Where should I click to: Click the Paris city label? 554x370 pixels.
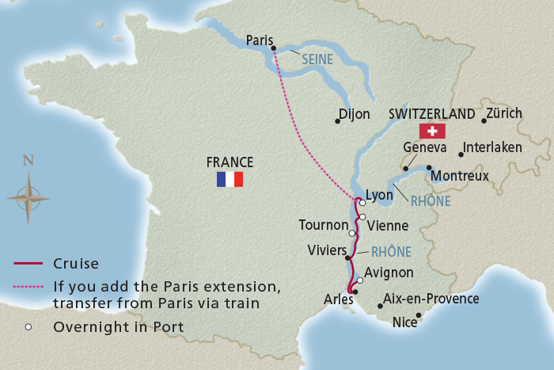(x=259, y=40)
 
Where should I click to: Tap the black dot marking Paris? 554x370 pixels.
(x=273, y=48)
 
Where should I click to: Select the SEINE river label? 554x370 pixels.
(x=317, y=59)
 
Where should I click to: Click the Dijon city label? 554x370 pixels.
(x=354, y=114)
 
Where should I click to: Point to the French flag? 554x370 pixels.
(x=230, y=180)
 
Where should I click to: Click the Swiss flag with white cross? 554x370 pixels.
(x=432, y=131)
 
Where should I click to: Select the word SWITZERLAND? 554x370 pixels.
(x=432, y=113)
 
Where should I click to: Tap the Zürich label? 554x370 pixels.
(x=504, y=113)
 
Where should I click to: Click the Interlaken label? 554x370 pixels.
(x=492, y=147)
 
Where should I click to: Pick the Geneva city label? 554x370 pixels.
(x=425, y=147)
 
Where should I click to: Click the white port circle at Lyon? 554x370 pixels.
(x=362, y=203)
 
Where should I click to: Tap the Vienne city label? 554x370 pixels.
(x=389, y=225)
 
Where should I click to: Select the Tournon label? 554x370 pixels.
(x=323, y=225)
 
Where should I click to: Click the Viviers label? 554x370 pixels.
(x=327, y=250)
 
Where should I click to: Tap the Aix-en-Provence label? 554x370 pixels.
(x=431, y=299)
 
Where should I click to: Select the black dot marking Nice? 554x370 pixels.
(x=419, y=315)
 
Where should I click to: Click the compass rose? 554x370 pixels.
(x=28, y=196)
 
